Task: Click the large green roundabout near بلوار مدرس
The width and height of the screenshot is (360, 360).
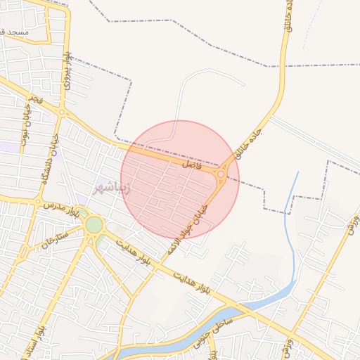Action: tap(94, 225)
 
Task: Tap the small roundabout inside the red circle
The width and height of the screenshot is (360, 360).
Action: tap(221, 174)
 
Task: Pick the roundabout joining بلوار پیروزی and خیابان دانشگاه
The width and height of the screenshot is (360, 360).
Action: tap(62, 112)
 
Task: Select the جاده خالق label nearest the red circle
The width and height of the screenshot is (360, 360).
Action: tap(249, 144)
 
